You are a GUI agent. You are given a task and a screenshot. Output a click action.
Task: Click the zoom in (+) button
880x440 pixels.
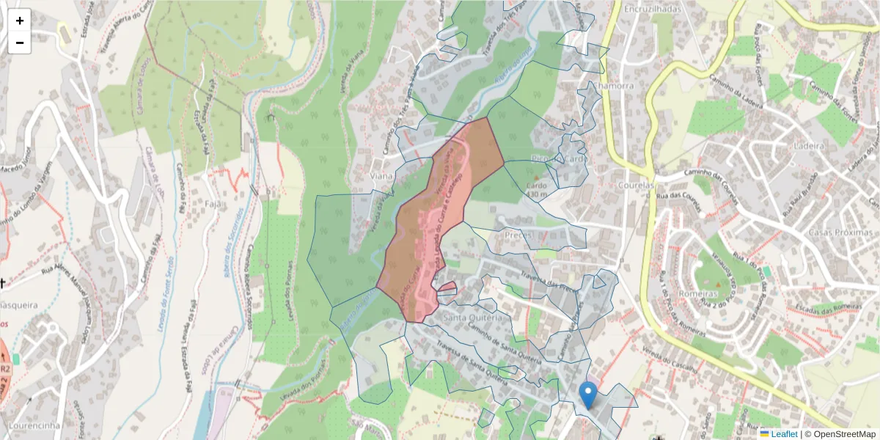(x=20, y=21)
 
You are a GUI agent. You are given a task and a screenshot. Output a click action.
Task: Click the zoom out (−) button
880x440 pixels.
(x=20, y=43)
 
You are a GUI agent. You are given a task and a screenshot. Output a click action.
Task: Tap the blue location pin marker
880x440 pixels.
(x=587, y=395)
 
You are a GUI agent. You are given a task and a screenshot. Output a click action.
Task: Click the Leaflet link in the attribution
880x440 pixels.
(x=783, y=434)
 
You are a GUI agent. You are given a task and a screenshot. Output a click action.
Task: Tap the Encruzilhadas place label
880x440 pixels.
(x=652, y=9)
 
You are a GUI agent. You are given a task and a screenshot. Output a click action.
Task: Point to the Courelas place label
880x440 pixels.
(x=636, y=186)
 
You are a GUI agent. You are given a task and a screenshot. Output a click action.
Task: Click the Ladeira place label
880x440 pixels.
(x=810, y=146)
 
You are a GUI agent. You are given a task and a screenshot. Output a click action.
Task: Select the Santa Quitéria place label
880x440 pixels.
(x=472, y=318)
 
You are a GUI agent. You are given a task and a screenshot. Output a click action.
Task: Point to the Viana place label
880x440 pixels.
(x=382, y=176)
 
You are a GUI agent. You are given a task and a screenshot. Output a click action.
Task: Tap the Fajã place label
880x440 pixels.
(x=215, y=203)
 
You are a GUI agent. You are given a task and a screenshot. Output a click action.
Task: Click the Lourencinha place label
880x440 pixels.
(x=34, y=425)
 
